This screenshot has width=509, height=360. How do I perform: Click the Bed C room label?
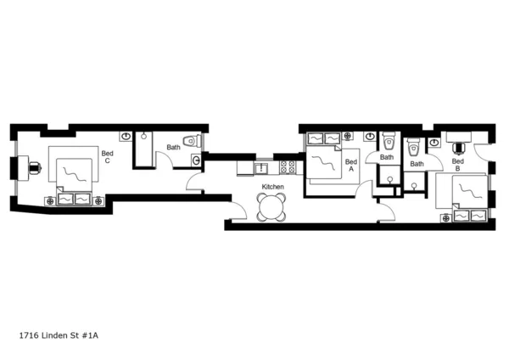[x=107, y=157]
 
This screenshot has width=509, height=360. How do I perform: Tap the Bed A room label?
[x=350, y=165]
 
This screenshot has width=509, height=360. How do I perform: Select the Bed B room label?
[x=457, y=165]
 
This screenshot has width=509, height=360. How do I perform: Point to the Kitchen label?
[x=272, y=187]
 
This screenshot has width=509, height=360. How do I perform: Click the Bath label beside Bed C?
[x=173, y=147]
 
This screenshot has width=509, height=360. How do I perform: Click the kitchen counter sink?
[x=263, y=166]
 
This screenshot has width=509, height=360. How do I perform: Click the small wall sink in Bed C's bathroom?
[x=197, y=159]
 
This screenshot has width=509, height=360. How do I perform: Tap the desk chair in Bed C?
[x=35, y=166]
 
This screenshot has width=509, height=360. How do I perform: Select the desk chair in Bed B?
[x=460, y=146]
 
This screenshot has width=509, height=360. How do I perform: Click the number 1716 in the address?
[x=29, y=335]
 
